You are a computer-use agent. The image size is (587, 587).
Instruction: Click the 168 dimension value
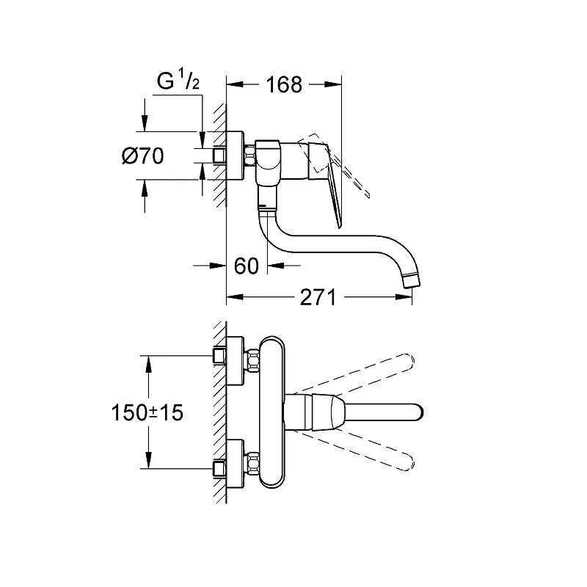[x=284, y=85]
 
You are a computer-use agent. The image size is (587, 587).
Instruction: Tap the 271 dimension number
[x=318, y=298]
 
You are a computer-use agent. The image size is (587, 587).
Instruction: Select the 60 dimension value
[x=247, y=266]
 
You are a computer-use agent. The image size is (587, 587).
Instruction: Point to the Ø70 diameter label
[x=142, y=156]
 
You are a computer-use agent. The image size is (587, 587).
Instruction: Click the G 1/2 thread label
[x=178, y=81]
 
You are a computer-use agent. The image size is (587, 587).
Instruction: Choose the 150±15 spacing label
[x=147, y=412]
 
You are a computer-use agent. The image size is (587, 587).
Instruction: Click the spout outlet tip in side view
[x=412, y=282]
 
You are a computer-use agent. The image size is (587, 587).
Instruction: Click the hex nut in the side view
[x=249, y=156]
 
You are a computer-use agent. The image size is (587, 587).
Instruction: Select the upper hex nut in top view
[x=252, y=361]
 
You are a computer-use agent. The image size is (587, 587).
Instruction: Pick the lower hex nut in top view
[x=252, y=464]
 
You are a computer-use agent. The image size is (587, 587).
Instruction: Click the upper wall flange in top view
[x=235, y=360]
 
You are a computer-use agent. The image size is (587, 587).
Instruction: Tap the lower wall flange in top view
[x=235, y=464]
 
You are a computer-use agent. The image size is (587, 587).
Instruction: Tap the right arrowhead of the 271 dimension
[x=404, y=297]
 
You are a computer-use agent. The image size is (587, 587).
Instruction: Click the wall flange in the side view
[x=235, y=156]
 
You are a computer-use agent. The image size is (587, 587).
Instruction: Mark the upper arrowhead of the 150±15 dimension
[x=148, y=364]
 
